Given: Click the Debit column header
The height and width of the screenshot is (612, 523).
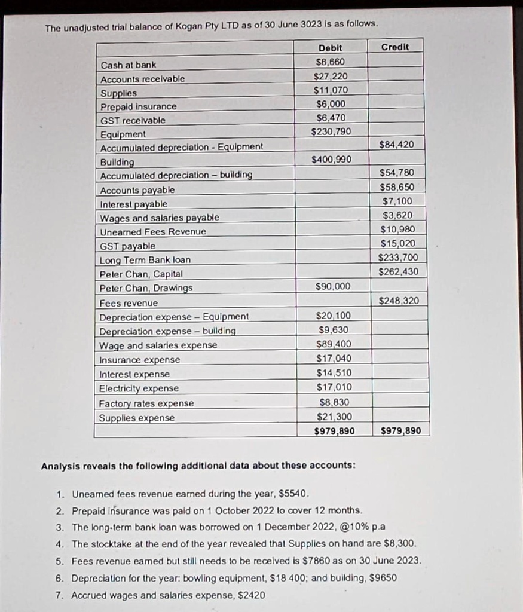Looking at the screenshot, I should click(331, 48).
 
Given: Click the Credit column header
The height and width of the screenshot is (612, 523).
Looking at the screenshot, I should click(394, 47).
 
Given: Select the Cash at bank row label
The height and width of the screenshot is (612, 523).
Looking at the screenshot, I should click(129, 65).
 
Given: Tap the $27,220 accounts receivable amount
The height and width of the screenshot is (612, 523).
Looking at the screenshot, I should click(331, 76).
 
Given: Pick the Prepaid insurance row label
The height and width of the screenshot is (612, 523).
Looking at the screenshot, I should click(139, 106).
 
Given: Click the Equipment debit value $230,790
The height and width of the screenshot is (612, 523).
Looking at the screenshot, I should click(332, 131).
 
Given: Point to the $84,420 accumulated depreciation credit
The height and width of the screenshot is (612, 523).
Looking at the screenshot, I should click(396, 145).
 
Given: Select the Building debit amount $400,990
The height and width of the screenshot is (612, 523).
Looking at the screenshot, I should click(332, 159).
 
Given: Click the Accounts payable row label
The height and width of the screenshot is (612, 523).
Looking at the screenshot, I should click(137, 190).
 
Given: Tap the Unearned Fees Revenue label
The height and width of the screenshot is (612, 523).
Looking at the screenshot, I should click(153, 231).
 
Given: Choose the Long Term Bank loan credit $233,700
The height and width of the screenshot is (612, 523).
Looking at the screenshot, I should click(398, 258).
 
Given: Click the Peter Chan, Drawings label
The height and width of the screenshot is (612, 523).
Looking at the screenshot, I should click(146, 288).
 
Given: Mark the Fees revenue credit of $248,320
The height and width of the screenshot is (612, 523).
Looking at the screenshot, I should click(399, 301).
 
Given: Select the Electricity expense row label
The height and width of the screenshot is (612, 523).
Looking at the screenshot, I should click(139, 388).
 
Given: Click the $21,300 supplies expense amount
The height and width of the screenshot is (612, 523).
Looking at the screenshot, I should click(334, 417).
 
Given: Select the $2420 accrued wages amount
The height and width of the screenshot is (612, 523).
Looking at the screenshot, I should click(253, 595).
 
